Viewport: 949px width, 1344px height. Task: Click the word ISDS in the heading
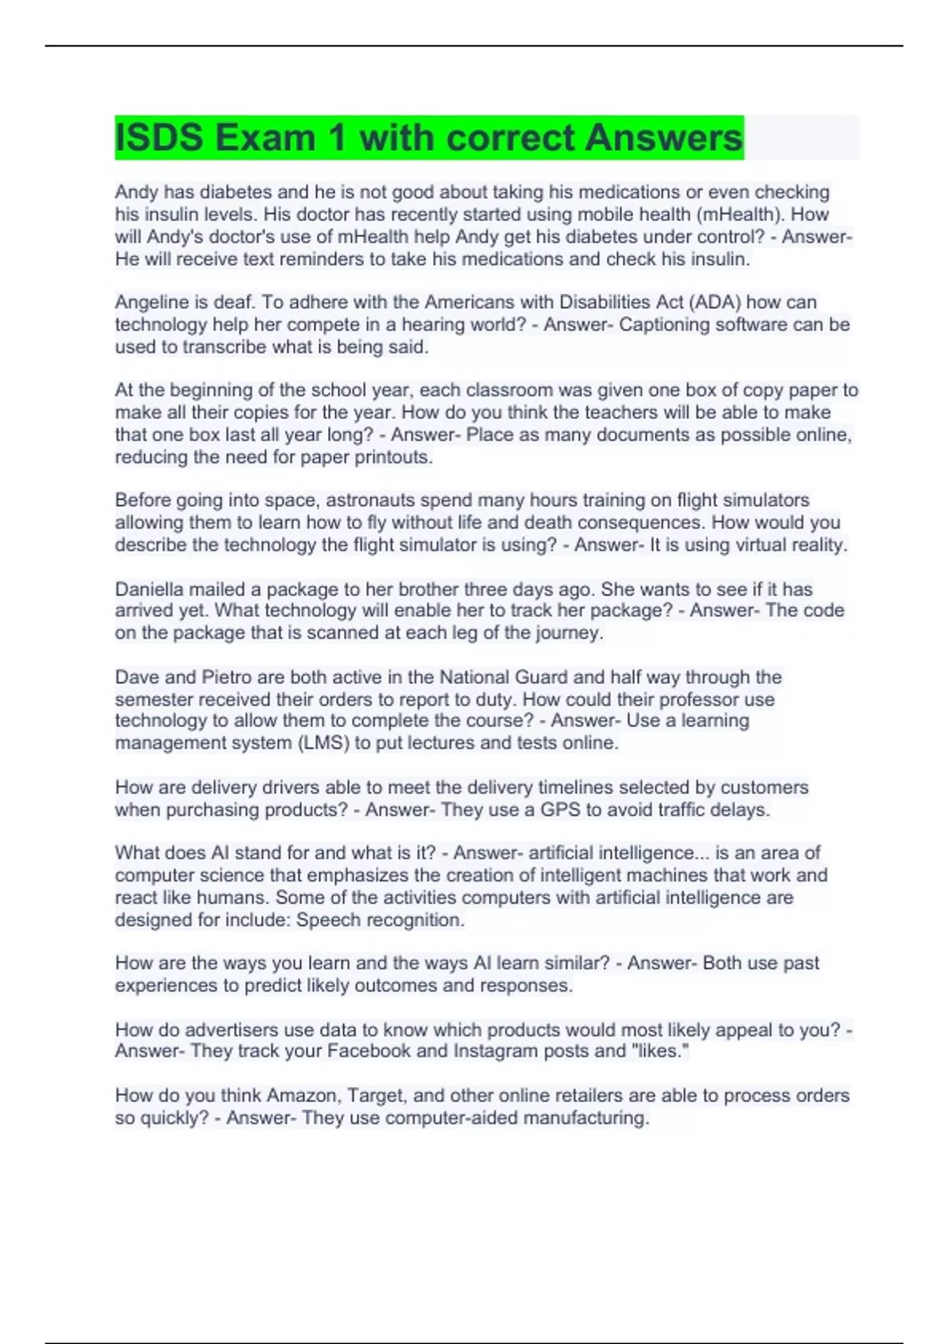(157, 138)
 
